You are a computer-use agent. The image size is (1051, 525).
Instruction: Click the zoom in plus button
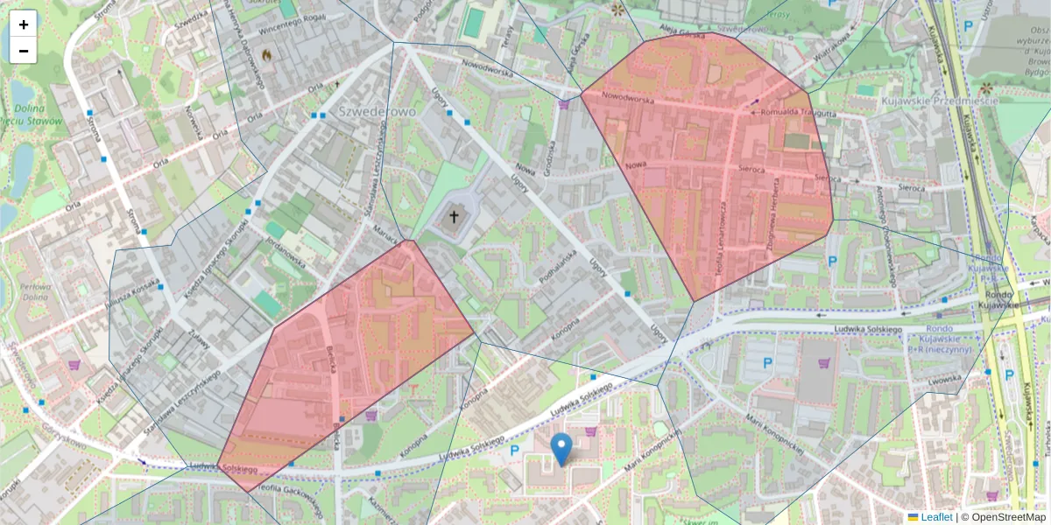click(x=24, y=24)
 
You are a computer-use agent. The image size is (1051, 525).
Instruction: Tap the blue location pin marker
click(x=561, y=448)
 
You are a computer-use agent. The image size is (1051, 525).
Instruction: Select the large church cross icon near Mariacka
click(x=455, y=215)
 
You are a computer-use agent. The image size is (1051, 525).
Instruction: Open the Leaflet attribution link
click(x=935, y=517)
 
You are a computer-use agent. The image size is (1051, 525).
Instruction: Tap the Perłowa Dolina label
click(x=35, y=292)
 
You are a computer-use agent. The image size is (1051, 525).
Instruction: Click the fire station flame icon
click(x=266, y=54)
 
